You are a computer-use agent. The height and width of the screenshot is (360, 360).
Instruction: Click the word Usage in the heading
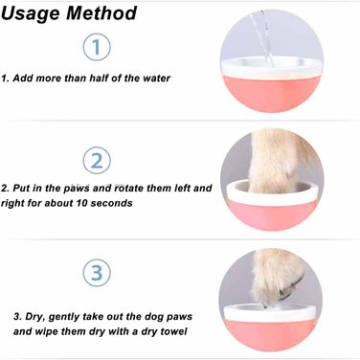pyautogui.click(x=31, y=14)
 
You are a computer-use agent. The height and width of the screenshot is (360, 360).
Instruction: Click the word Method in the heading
pyautogui.click(x=101, y=13)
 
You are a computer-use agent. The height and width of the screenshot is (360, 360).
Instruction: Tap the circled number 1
pyautogui.click(x=97, y=47)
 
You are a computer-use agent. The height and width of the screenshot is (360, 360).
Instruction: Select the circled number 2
pyautogui.click(x=97, y=161)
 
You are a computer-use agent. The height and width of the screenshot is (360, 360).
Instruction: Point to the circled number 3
pyautogui.click(x=97, y=273)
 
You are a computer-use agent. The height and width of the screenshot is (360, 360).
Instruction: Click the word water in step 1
pyautogui.click(x=156, y=79)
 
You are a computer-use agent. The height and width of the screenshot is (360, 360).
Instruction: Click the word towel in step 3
pyautogui.click(x=174, y=331)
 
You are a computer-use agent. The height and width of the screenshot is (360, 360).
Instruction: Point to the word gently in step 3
pyautogui.click(x=65, y=317)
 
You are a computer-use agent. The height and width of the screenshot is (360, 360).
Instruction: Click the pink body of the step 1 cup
pyautogui.click(x=271, y=93)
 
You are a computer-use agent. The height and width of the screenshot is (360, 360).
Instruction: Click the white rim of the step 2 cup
pyautogui.click(x=272, y=193)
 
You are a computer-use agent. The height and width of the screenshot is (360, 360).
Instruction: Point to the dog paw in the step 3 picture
pyautogui.click(x=275, y=279)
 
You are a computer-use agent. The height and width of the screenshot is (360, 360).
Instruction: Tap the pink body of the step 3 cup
pyautogui.click(x=271, y=333)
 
